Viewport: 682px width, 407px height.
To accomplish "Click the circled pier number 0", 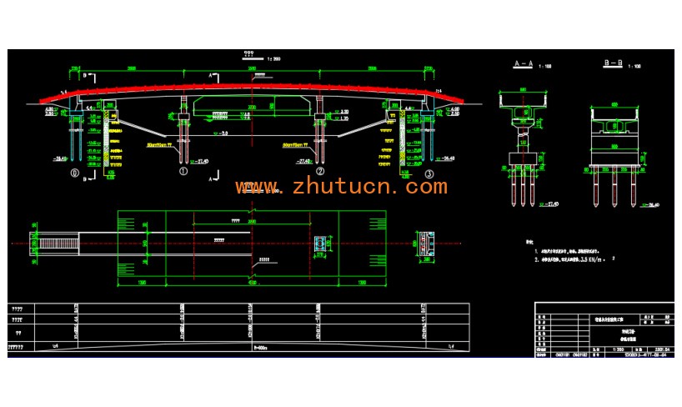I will (76, 173).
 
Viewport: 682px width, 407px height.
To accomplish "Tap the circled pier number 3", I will (429, 173).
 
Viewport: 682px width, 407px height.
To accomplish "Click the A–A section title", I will (524, 63).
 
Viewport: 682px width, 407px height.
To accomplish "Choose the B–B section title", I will (614, 63).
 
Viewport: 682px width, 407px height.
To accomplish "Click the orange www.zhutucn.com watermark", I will (341, 187).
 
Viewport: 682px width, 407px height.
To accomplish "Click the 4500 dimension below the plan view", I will (252, 283).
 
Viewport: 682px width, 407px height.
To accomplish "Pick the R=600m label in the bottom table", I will (252, 346).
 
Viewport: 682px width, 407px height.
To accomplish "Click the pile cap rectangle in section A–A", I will (523, 163).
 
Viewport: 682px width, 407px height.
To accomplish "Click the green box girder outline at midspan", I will (252, 103).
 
